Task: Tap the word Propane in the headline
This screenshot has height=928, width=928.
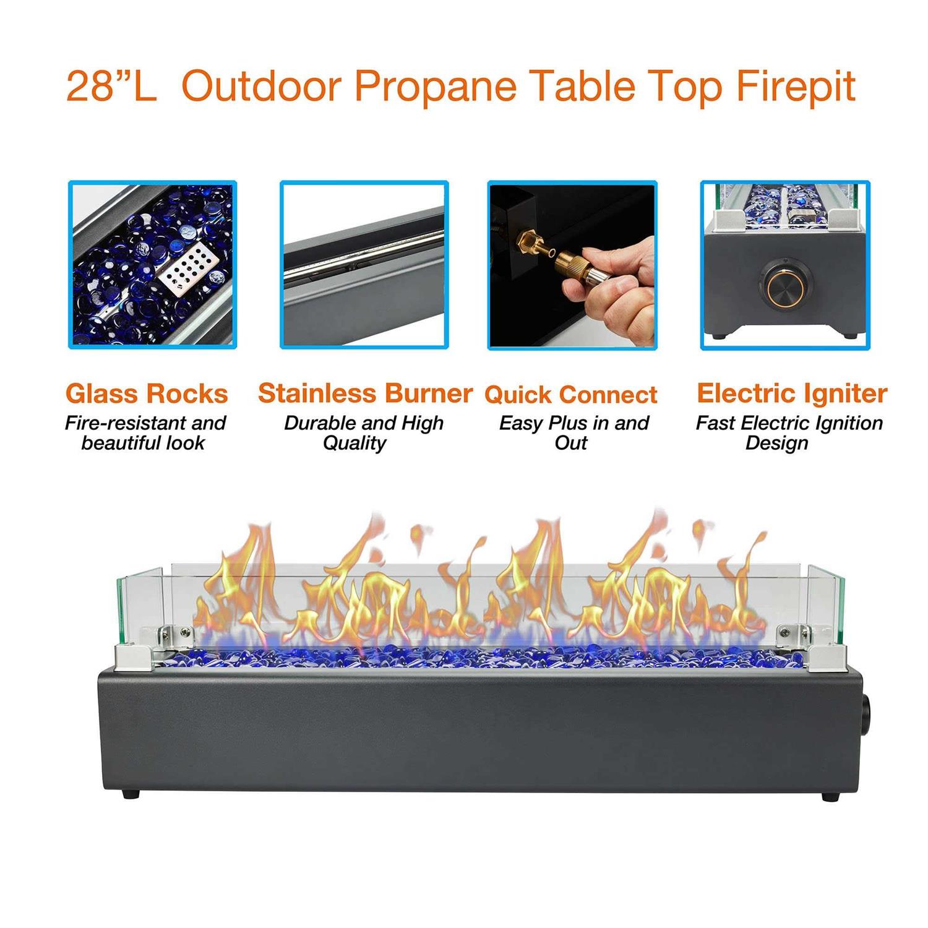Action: point(434,86)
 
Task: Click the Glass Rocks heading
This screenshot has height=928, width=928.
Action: point(147,393)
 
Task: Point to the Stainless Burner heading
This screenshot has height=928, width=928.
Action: point(365,393)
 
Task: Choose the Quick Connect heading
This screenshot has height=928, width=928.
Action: point(570,395)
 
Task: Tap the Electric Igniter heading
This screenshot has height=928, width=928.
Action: point(791,393)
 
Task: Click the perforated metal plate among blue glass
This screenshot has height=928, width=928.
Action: point(189,269)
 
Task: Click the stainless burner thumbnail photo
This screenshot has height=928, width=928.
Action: point(364,265)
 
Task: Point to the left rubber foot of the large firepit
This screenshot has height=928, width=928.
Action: point(130,794)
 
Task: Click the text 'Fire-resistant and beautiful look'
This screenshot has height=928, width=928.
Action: point(145,433)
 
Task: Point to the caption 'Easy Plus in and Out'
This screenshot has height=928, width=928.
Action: point(573,433)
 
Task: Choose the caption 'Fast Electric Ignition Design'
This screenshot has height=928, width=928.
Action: point(789,433)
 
